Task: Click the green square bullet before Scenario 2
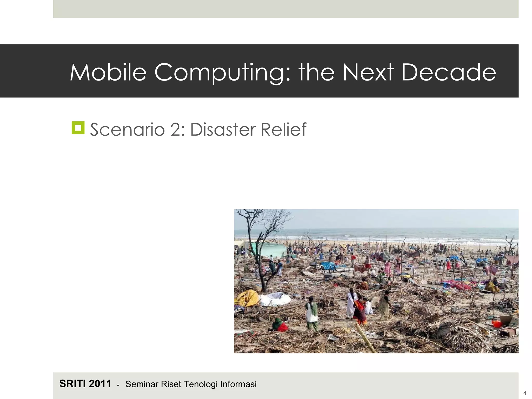(x=78, y=128)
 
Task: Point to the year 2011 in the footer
(x=100, y=384)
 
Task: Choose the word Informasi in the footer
(x=238, y=384)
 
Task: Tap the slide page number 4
(x=524, y=393)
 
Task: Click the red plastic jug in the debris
(x=497, y=324)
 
